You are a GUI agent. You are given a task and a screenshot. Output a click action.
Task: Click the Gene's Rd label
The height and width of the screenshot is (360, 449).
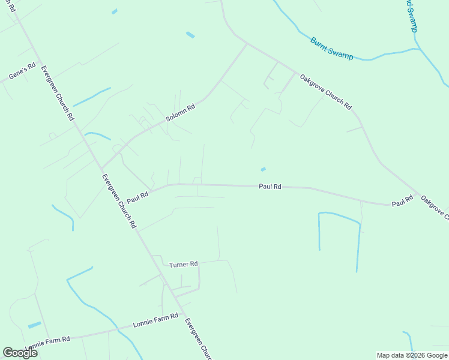(23, 71)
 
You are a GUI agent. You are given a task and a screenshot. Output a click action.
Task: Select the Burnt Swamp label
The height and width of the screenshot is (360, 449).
(331, 47)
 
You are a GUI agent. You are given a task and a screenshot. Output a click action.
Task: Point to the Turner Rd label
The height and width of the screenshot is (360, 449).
(183, 265)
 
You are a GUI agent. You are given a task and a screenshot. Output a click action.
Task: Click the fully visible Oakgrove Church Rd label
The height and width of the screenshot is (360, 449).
(326, 91)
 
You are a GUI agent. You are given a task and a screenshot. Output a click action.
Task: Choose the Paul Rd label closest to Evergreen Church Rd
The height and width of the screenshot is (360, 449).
(137, 197)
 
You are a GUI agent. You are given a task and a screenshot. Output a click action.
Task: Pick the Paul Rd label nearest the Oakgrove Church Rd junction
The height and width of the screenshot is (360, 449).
(402, 201)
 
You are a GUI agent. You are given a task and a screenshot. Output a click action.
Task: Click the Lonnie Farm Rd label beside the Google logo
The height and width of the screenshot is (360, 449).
(47, 343)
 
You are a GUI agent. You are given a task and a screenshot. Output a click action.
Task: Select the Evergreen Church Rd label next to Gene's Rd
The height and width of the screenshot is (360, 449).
(57, 93)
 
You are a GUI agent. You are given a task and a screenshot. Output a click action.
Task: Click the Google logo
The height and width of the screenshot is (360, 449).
(20, 353)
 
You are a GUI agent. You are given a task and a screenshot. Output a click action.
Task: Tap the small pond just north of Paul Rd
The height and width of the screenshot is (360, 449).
(263, 169)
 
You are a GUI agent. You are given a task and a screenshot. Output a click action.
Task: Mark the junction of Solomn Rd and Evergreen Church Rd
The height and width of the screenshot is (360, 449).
(101, 169)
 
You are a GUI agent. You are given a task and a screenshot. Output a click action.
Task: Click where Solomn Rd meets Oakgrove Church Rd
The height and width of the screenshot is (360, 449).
(247, 43)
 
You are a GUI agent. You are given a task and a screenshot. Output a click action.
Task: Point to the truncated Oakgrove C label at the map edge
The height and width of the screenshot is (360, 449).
(434, 208)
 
